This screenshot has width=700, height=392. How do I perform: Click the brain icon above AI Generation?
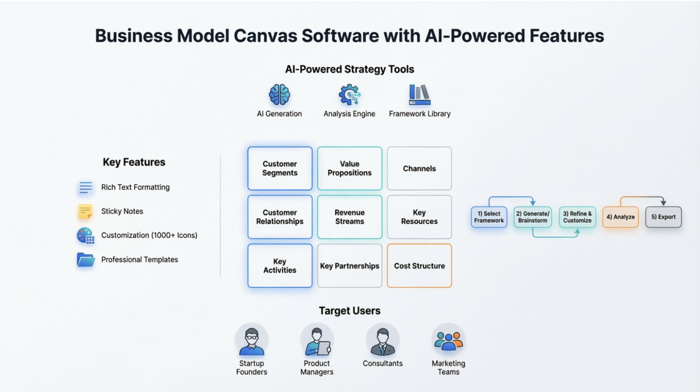click(279, 95)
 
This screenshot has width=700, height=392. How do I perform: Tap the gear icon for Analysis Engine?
click(349, 95)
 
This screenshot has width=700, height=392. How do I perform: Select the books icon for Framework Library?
click(419, 95)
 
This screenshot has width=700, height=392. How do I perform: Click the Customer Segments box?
click(280, 168)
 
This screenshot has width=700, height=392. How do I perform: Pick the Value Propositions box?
click(349, 168)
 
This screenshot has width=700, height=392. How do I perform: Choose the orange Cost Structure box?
click(419, 266)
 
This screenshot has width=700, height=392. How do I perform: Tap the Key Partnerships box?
click(349, 266)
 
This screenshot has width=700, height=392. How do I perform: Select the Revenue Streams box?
click(349, 217)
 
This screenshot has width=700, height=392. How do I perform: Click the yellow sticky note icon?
click(85, 211)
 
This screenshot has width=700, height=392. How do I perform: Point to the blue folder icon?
click(86, 260)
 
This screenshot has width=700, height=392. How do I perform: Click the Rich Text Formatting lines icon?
click(86, 187)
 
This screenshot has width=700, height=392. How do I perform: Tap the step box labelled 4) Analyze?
click(620, 217)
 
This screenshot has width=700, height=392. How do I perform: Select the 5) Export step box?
click(663, 217)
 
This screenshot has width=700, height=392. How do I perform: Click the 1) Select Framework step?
click(489, 217)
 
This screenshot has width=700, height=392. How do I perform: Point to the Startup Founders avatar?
click(251, 340)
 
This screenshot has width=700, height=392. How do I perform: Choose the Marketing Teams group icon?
click(448, 340)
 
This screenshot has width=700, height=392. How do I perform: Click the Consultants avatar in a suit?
click(383, 340)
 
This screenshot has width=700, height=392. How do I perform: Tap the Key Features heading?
click(134, 162)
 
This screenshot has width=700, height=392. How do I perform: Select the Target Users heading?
click(349, 311)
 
